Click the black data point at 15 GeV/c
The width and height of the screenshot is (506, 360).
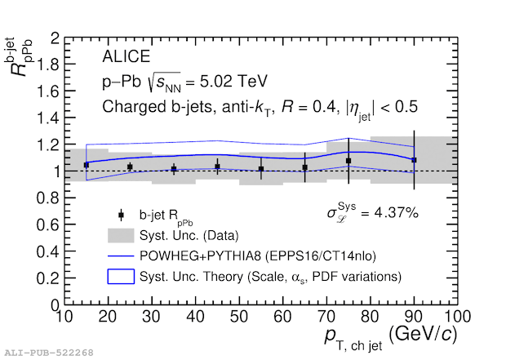tap(87, 165)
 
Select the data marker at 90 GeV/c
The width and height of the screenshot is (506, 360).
tap(415, 160)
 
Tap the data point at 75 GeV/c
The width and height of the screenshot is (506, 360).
tap(348, 161)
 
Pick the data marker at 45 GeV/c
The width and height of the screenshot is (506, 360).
tap(217, 167)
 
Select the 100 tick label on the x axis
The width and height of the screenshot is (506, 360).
tap(458, 317)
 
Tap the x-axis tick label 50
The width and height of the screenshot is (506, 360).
tap(239, 317)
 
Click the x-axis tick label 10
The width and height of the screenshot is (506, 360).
tap(64, 317)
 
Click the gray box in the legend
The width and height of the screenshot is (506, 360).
tap(121, 235)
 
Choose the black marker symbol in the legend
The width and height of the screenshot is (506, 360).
tap(121, 216)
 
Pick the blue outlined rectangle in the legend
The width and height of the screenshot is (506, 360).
tap(121, 277)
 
